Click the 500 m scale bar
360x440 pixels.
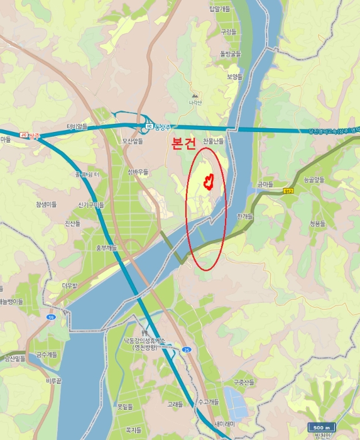point(321,428)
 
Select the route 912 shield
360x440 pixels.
point(288,191)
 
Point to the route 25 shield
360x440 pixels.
point(187,349)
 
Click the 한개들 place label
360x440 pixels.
point(244,216)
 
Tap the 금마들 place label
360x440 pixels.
point(265,184)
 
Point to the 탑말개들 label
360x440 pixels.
point(220,8)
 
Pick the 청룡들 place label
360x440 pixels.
point(318,223)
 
